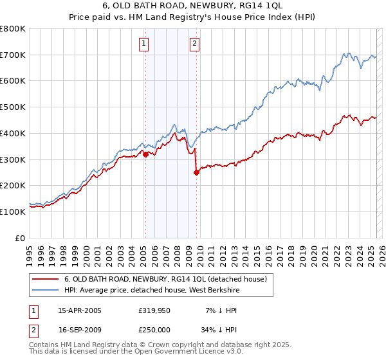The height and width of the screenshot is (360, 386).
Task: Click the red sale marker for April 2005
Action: (x=145, y=154)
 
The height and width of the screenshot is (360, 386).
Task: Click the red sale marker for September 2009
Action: (x=196, y=172)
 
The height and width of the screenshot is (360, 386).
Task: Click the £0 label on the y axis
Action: (x=21, y=238)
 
